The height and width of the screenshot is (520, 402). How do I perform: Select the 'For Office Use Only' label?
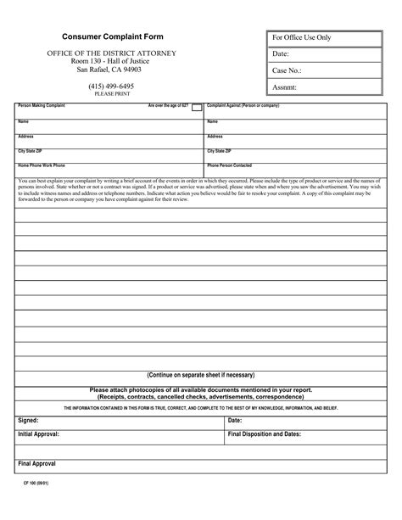(x=300, y=39)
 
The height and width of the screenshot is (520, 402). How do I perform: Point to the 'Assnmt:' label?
(x=285, y=87)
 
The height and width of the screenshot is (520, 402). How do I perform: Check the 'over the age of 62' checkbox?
(x=197, y=108)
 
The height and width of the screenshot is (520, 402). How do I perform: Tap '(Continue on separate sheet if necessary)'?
(x=200, y=374)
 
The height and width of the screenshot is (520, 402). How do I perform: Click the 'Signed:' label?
(x=28, y=420)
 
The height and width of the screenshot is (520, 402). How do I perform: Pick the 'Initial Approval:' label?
(x=39, y=433)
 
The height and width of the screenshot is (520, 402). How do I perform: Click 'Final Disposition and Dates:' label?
(x=265, y=433)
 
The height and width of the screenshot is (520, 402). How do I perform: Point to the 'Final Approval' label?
(x=36, y=464)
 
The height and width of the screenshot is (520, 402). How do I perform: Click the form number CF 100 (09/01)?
(x=35, y=506)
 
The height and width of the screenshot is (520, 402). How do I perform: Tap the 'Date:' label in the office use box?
(x=282, y=54)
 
